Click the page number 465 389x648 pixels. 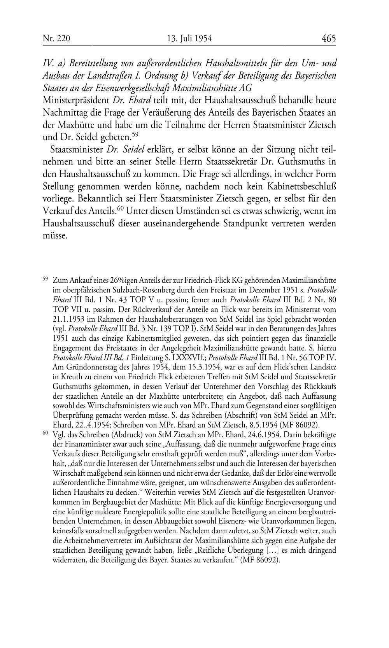(328, 39)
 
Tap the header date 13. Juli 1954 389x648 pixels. (189, 39)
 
